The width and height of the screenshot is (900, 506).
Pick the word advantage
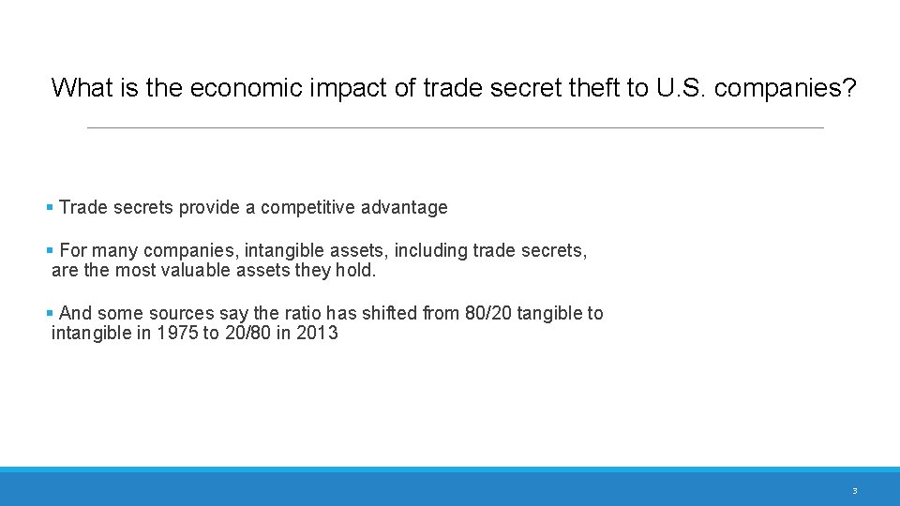coord(407,208)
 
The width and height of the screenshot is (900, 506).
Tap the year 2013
coord(317,333)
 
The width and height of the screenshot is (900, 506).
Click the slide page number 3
coord(854,491)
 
